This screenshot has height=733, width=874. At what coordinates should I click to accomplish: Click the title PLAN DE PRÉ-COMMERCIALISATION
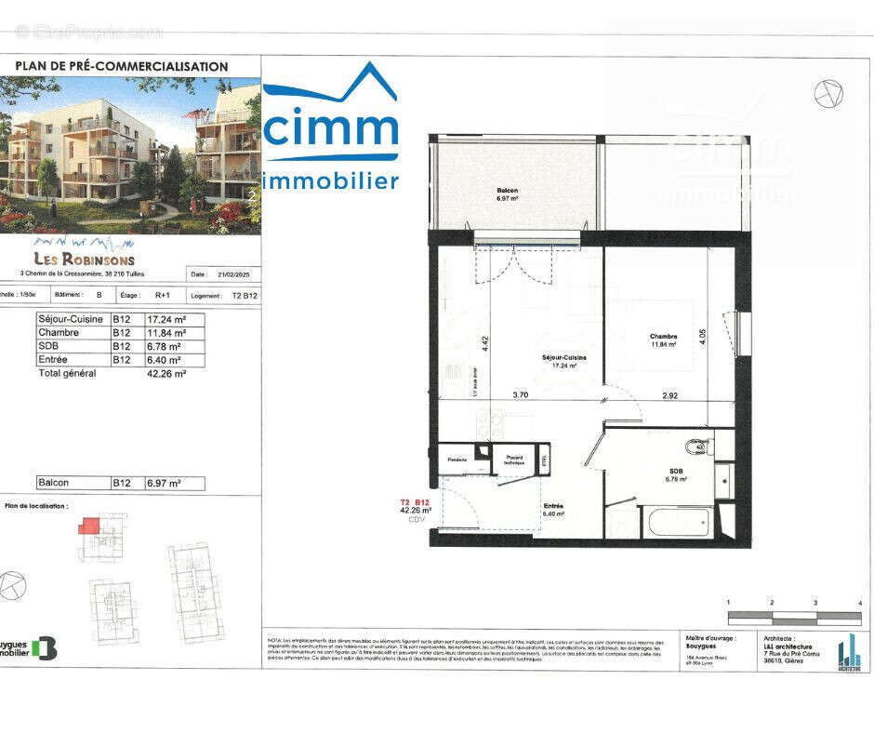click(x=121, y=67)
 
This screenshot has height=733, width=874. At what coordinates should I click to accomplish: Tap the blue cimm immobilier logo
click(x=331, y=130)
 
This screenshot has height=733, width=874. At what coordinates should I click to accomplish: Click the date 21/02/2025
click(x=233, y=275)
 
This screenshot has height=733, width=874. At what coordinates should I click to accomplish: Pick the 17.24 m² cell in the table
click(x=166, y=318)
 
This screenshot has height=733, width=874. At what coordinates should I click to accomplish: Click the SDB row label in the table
click(x=48, y=346)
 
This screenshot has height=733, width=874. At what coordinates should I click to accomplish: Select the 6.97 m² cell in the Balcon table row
click(x=164, y=484)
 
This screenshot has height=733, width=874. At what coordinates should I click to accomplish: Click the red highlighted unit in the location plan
click(x=87, y=526)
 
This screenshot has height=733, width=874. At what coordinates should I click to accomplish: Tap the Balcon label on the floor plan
click(x=507, y=191)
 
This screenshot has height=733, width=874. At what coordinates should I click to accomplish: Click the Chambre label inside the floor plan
click(x=663, y=337)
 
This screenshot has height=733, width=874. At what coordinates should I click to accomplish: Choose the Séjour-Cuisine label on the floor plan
click(x=564, y=358)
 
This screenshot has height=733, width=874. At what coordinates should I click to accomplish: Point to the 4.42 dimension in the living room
click(x=483, y=342)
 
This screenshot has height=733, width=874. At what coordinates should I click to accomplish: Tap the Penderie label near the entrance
click(x=457, y=460)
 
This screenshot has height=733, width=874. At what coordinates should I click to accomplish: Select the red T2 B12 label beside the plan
click(x=415, y=502)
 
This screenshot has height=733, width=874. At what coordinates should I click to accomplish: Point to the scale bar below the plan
click(x=793, y=617)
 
